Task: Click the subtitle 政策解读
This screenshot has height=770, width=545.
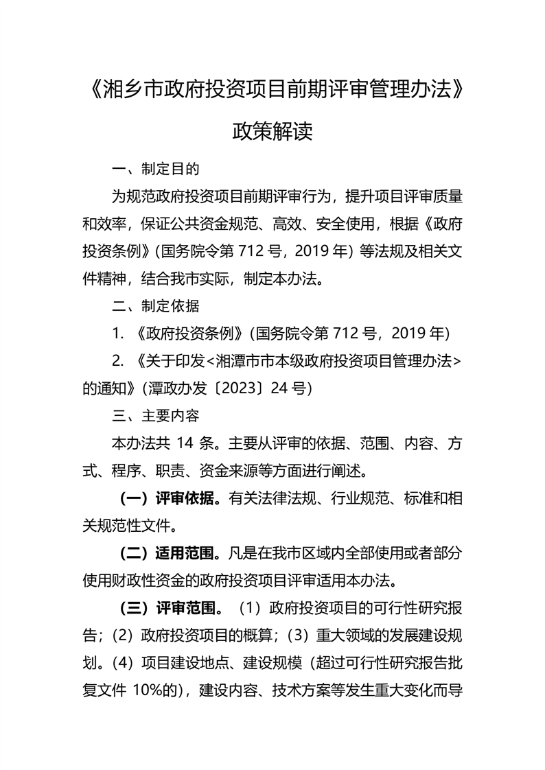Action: click(272, 130)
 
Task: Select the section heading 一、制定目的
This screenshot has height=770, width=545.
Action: click(156, 169)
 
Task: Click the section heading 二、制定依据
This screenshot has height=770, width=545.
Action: click(156, 305)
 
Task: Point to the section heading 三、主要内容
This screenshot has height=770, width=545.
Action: click(156, 416)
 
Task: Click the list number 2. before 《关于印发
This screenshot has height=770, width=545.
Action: click(118, 361)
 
